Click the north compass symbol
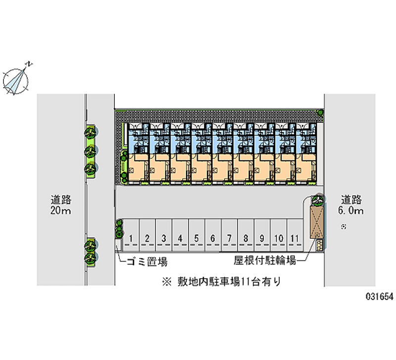tap(17, 79)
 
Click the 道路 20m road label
tap(61, 206)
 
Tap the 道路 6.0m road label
tap(351, 206)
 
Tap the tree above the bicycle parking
tap(317, 201)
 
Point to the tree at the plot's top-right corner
tap(321, 113)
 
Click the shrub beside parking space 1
tap(119, 229)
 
